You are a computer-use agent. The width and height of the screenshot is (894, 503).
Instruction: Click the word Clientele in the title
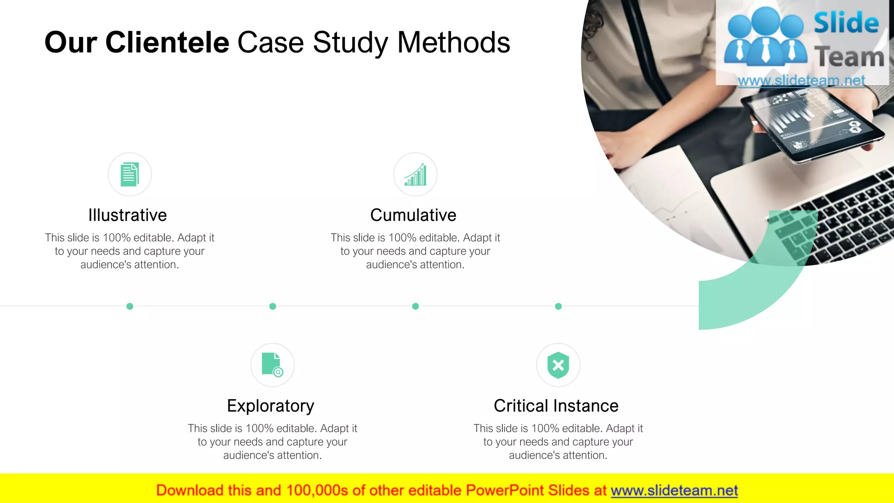click(167, 43)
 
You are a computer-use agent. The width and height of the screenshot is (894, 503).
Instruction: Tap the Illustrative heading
click(127, 215)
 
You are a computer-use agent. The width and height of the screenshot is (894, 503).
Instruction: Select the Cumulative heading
click(413, 215)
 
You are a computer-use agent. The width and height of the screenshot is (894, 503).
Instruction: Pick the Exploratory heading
click(271, 406)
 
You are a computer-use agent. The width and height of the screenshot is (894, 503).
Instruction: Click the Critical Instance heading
click(556, 406)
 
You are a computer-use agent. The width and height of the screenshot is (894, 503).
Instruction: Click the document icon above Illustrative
click(130, 174)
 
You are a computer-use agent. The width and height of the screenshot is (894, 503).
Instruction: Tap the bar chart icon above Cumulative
click(415, 175)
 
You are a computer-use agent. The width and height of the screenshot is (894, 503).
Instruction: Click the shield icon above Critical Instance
click(558, 365)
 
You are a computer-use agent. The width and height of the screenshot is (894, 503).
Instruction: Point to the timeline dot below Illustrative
click(130, 307)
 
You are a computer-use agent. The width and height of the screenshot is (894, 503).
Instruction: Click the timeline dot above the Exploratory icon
click(273, 307)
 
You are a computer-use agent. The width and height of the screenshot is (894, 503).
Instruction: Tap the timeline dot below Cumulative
click(416, 307)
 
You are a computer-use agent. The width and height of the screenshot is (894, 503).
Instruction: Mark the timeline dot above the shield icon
click(558, 307)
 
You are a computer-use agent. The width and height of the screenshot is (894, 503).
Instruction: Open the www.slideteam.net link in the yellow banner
click(674, 491)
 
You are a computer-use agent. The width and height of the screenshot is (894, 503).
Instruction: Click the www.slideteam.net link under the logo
click(801, 81)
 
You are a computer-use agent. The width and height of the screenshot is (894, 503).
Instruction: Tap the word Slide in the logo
click(846, 23)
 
